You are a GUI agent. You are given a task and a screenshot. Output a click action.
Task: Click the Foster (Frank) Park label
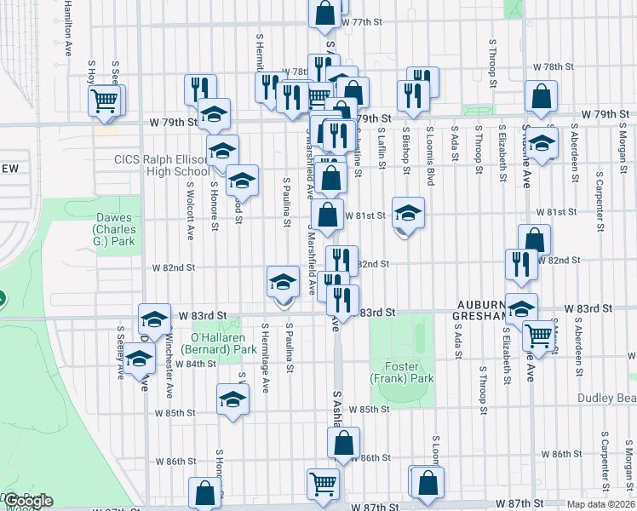[402, 371]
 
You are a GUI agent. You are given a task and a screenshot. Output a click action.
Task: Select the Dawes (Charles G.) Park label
[115, 229]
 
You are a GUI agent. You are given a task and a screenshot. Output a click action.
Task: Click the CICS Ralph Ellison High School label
[163, 165]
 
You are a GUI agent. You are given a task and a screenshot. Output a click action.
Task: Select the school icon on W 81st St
[408, 213]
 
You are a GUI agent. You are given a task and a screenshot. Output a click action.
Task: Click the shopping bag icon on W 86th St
[343, 444]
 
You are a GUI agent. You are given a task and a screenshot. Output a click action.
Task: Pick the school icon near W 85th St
[232, 399]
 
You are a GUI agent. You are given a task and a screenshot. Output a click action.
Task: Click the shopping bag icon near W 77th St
[324, 13]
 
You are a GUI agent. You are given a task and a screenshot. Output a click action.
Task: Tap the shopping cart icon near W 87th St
[323, 485]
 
